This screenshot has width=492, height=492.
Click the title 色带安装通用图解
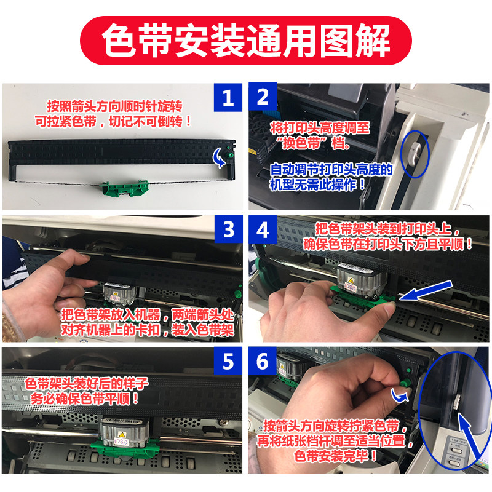click(x=246, y=41)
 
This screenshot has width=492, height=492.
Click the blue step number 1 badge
click(x=228, y=98)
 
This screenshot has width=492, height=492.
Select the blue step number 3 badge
click(x=228, y=230)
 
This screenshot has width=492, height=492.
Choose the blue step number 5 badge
click(x=228, y=362)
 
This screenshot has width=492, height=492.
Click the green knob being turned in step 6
click(x=403, y=384)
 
